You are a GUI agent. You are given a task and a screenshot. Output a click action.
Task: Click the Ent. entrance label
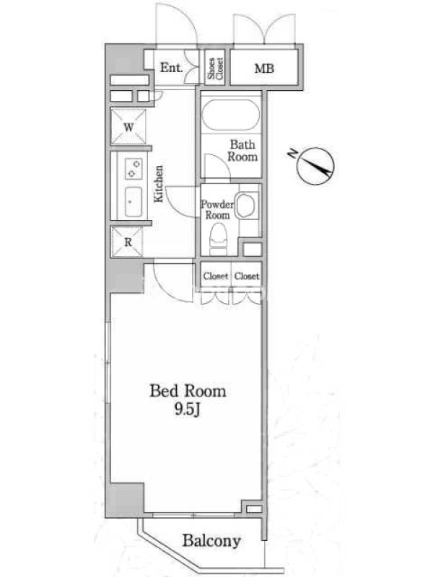coord(171,68)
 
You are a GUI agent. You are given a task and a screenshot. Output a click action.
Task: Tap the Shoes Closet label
coord(215,69)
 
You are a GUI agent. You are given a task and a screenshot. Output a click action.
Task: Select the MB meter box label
coord(264,69)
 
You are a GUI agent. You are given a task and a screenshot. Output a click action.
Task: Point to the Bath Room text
coord(242,151)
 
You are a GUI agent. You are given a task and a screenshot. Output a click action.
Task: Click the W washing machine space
coord(128,127)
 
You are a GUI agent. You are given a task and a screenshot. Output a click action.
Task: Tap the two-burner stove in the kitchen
coord(134,169)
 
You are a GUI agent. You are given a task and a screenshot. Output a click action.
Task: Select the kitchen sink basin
coord(134,202)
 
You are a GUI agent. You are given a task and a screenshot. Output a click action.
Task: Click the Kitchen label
coord(159,184)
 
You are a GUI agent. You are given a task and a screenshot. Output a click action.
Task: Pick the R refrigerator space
coord(127,242)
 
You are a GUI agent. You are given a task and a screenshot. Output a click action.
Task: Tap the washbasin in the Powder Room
coord(245,205)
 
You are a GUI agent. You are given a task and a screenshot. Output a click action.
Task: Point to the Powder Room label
coord(217,210)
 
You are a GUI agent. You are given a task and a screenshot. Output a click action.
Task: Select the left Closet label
coord(216,276)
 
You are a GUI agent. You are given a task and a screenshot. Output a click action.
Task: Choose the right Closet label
coord(247,276)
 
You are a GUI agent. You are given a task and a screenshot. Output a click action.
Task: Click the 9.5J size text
coord(188,410)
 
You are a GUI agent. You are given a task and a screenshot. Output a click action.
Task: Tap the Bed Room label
coord(188,390)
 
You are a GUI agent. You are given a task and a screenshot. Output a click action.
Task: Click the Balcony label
coord(211,541)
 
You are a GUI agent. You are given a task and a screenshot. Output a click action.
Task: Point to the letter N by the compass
coord(292,153)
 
